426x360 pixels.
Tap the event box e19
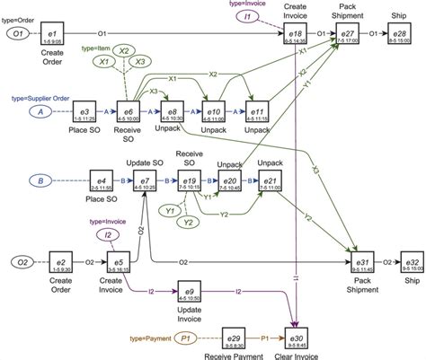click(x=190, y=185)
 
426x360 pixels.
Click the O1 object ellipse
click(x=18, y=33)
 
